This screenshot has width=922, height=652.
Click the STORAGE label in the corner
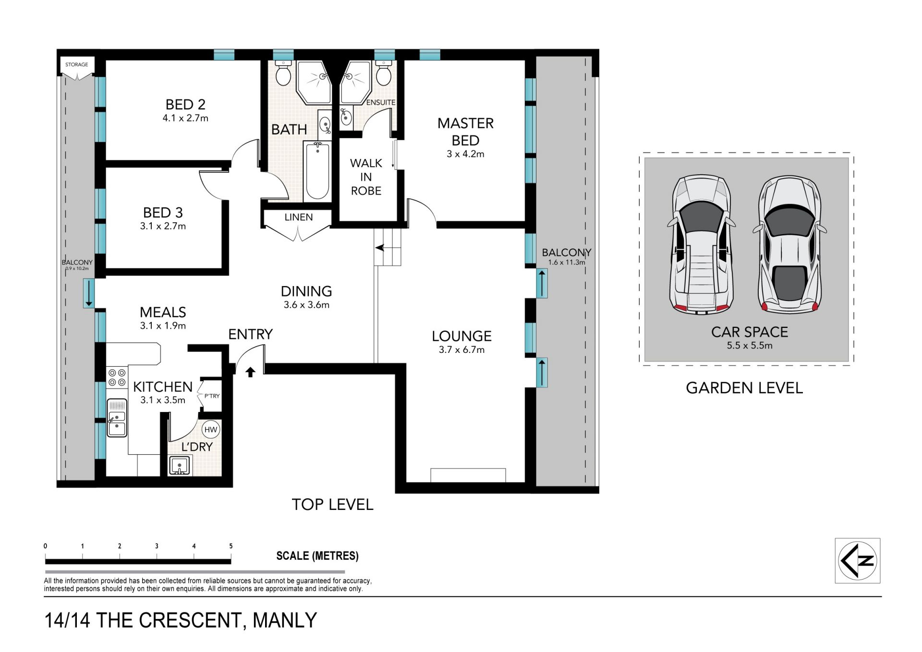(x=77, y=64)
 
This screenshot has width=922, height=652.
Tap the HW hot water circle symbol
(x=211, y=430)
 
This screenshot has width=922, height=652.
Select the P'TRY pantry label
(x=212, y=396)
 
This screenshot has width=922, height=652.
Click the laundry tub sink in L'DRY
(x=180, y=466)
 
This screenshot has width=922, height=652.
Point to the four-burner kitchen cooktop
(x=117, y=377)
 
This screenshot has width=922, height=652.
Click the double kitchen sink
(x=117, y=418)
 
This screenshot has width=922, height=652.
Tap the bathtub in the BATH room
(x=317, y=170)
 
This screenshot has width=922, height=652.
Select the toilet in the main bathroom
(x=283, y=72)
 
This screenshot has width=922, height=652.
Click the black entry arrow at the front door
(x=250, y=372)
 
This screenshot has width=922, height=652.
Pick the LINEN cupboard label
(x=299, y=217)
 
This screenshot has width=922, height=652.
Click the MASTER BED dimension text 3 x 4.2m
(x=465, y=154)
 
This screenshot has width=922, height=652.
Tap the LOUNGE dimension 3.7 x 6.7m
(x=461, y=350)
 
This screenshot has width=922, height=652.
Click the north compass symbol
(x=858, y=561)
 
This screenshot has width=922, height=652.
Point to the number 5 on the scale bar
(x=231, y=546)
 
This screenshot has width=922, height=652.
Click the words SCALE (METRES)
(x=317, y=556)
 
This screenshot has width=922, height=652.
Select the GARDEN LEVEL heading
(x=744, y=388)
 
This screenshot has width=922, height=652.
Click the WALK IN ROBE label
(x=366, y=177)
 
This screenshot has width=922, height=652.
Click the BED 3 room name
(x=163, y=213)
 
